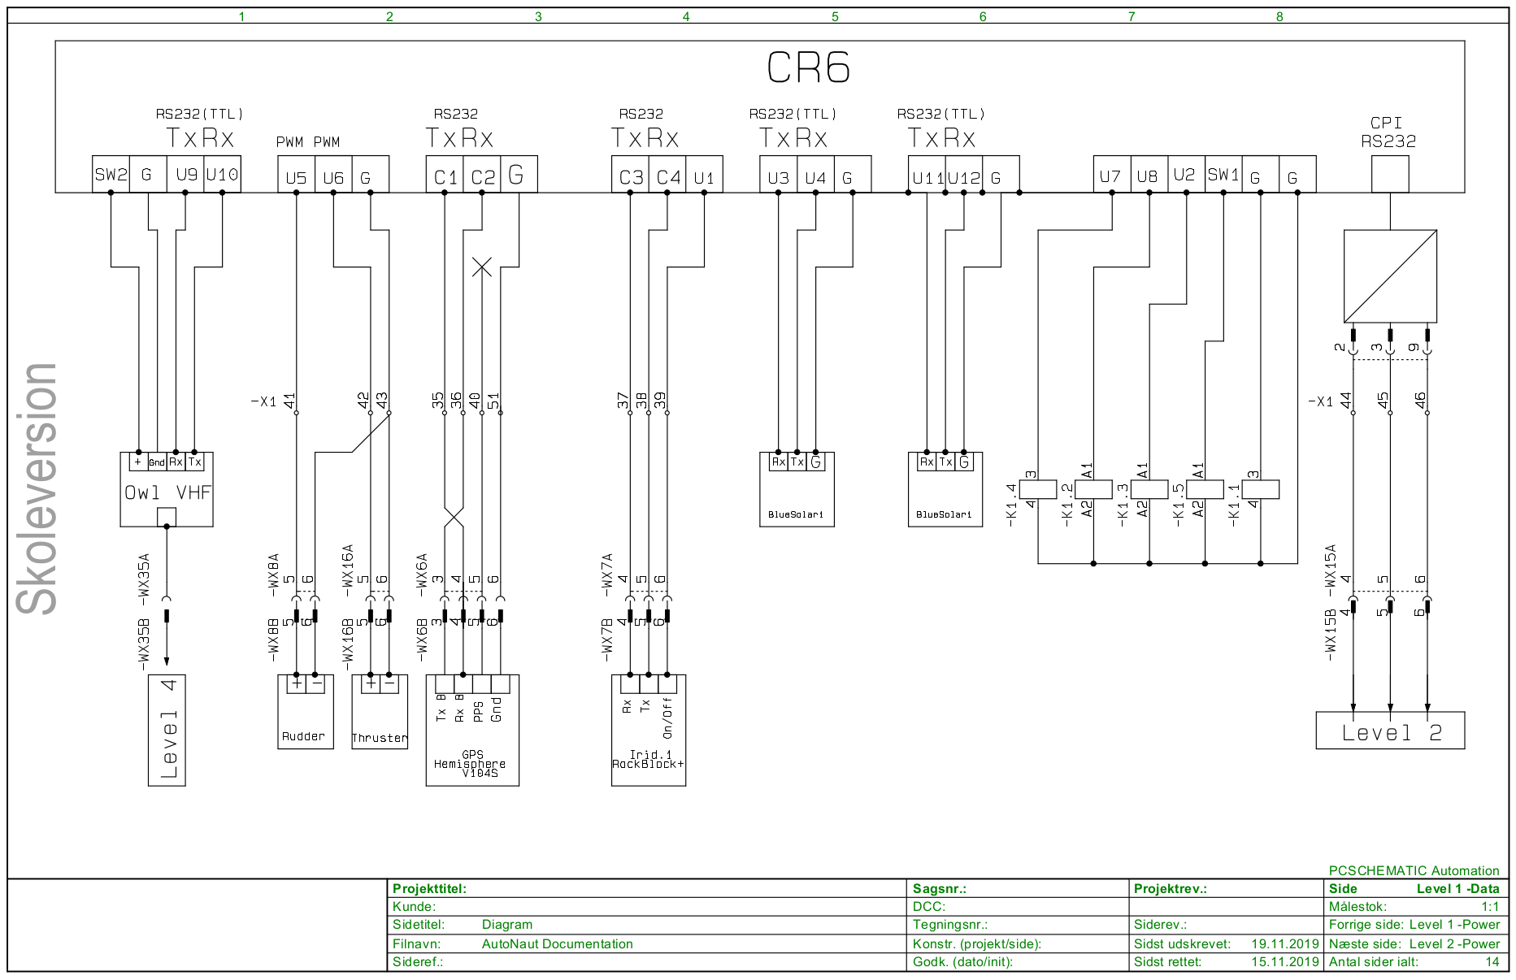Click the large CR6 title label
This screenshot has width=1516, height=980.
click(808, 68)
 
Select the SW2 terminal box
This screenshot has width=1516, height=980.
click(111, 175)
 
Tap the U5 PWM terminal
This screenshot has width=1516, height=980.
click(296, 177)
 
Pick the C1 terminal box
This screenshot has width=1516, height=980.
click(445, 176)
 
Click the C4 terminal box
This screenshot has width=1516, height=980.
click(667, 176)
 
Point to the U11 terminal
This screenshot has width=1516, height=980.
click(927, 177)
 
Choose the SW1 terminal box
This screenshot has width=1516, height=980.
click(1223, 175)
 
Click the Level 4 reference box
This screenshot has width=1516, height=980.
click(167, 730)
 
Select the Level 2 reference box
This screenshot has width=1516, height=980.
click(1390, 731)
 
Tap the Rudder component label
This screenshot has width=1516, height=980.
click(303, 736)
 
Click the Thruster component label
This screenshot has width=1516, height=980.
click(380, 738)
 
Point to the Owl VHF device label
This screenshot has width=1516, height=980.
click(167, 492)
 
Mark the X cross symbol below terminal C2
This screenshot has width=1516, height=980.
click(482, 267)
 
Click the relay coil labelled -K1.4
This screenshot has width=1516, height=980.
click(1038, 489)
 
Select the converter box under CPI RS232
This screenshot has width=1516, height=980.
click(1390, 276)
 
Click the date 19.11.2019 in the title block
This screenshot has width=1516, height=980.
click(1284, 943)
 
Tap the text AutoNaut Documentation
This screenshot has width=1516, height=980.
click(557, 943)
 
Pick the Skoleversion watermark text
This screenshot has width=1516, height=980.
click(37, 488)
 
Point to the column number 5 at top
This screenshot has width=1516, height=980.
click(835, 16)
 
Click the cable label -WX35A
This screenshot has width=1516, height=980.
click(144, 575)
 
